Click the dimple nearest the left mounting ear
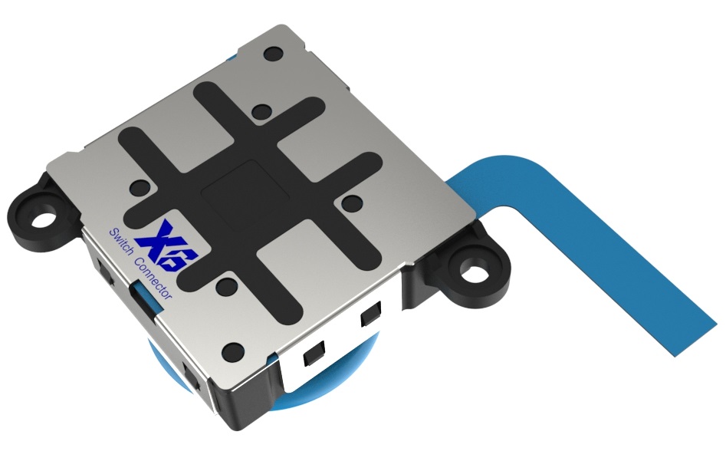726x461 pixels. (139, 186)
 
